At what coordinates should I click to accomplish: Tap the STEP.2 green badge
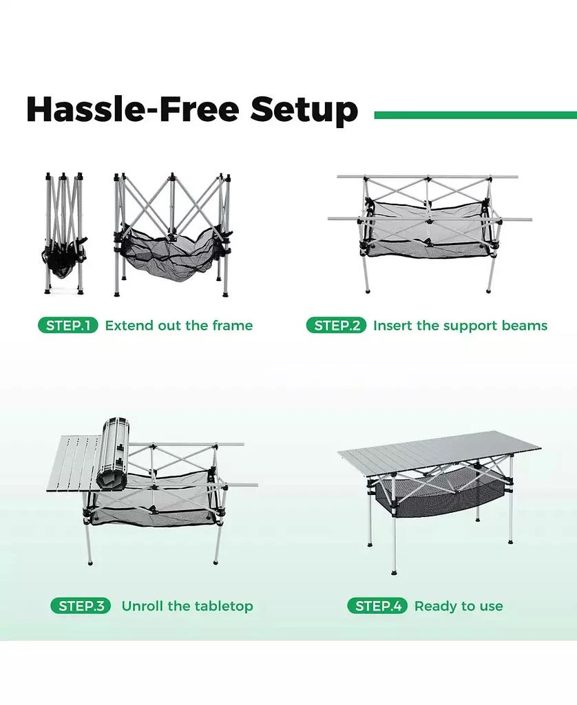pyautogui.click(x=336, y=326)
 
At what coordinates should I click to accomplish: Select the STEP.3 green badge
pyautogui.click(x=81, y=607)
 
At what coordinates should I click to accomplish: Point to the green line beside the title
pyautogui.click(x=474, y=116)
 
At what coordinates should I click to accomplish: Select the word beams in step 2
pyautogui.click(x=526, y=326)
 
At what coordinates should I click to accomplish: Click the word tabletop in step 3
pyautogui.click(x=222, y=607)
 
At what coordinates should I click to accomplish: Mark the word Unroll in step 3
pyautogui.click(x=142, y=607)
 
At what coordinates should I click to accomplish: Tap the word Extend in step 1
pyautogui.click(x=129, y=326)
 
